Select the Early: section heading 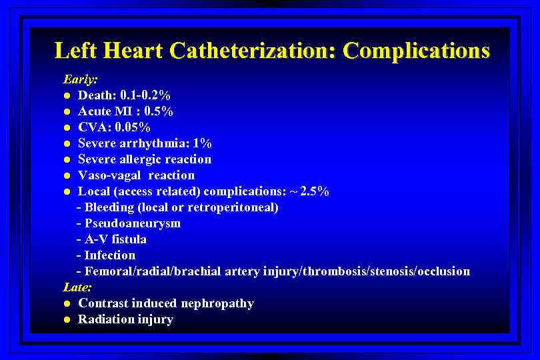pyautogui.click(x=80, y=79)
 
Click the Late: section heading pyautogui.click(x=77, y=287)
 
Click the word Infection pyautogui.click(x=110, y=255)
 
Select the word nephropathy pyautogui.click(x=221, y=303)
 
